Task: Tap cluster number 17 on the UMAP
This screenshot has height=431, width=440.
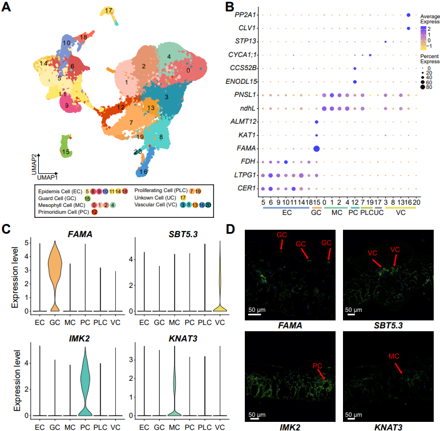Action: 108,10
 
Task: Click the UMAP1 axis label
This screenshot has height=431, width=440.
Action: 50,169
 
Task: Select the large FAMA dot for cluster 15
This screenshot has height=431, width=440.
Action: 316,148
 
